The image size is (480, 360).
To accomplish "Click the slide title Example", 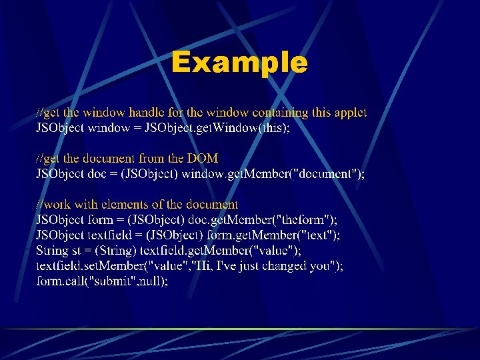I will click(239, 63).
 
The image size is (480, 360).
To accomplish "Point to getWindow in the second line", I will click(227, 128).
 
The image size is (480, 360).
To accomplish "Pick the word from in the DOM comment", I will click(157, 159).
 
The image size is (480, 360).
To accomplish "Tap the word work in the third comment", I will click(58, 205).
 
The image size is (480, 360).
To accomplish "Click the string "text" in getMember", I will click(318, 235).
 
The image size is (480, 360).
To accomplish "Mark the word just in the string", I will click(250, 265).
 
